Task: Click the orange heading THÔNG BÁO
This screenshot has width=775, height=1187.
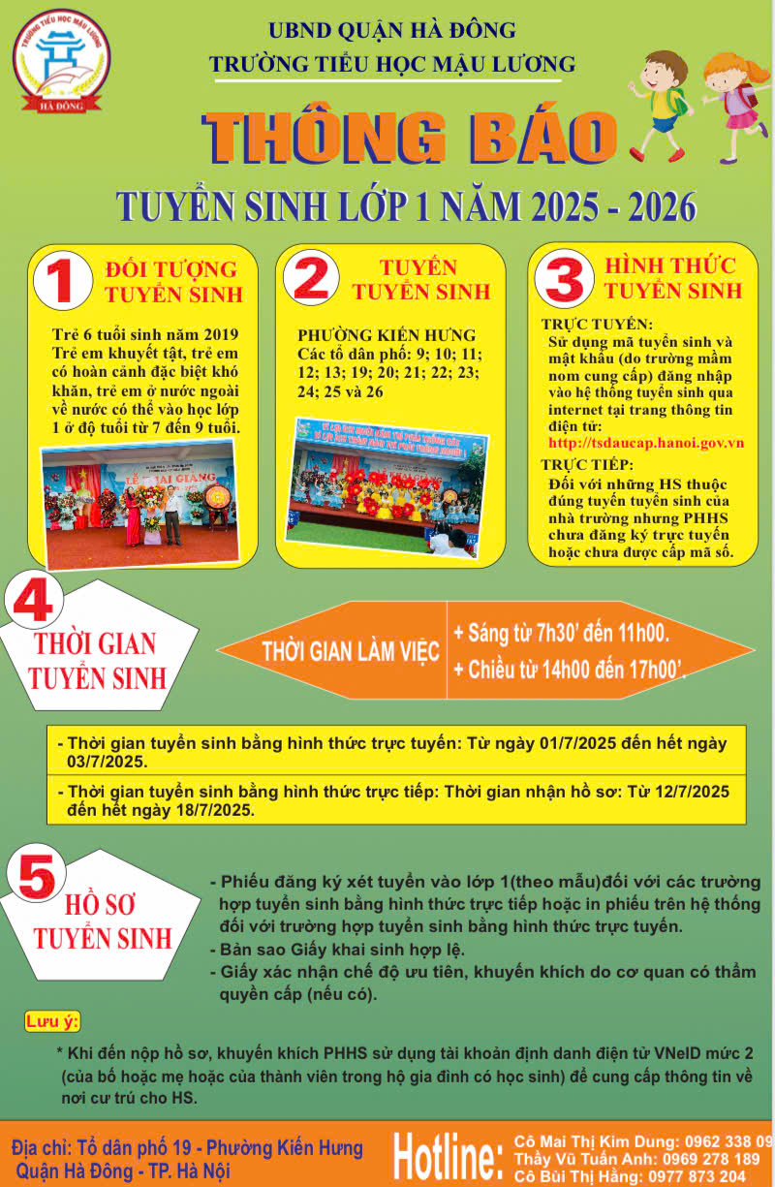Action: (x=410, y=137)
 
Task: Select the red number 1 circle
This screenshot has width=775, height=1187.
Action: (x=63, y=280)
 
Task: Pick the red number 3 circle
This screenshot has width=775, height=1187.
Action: (x=564, y=278)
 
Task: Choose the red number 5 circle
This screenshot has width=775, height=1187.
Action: (x=37, y=875)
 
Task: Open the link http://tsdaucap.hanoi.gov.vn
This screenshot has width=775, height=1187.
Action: (x=646, y=443)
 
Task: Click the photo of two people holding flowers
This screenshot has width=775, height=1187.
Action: (x=139, y=504)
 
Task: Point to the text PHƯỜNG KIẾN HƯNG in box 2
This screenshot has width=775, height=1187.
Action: (x=387, y=335)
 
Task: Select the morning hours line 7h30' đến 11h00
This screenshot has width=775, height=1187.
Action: (x=562, y=633)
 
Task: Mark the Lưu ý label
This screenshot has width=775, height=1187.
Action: (x=52, y=1021)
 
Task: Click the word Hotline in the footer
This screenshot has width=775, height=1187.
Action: (x=449, y=1158)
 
